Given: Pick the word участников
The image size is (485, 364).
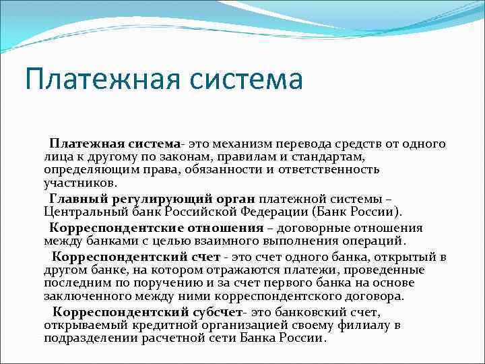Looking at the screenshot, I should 80,182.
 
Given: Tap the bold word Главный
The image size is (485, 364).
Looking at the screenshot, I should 75,198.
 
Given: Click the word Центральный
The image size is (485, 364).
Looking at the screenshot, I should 86,211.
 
